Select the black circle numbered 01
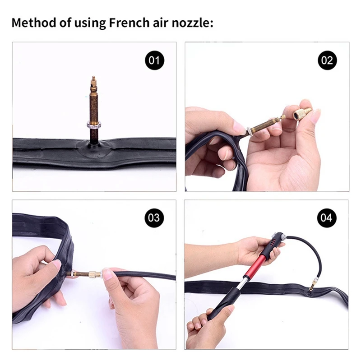tap(154, 60)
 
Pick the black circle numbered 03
tap(154, 218)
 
